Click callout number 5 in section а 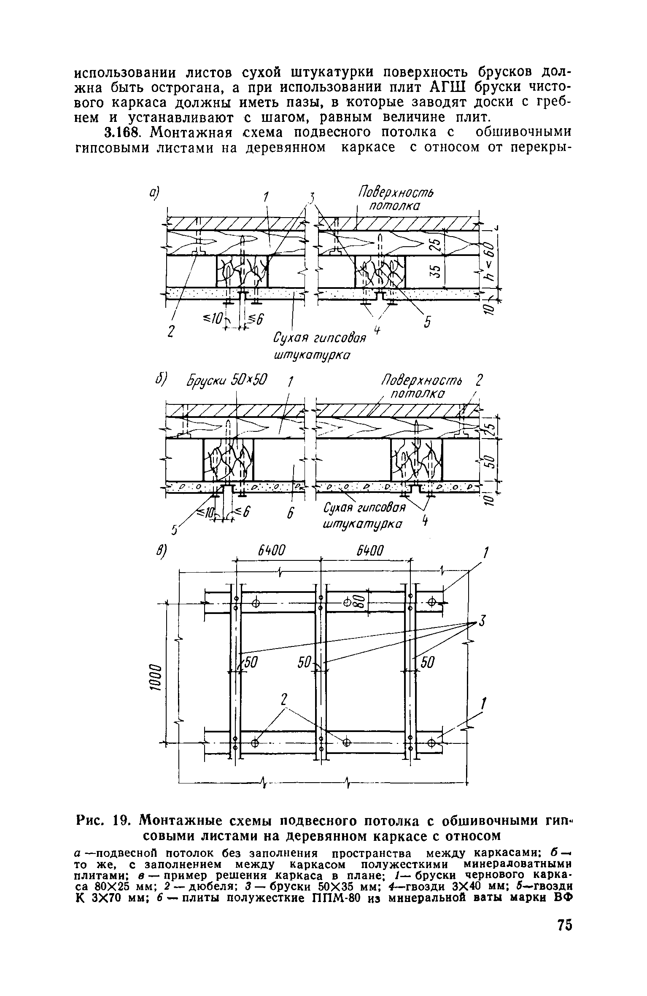click(x=428, y=323)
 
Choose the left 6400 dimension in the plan click(x=272, y=551)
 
